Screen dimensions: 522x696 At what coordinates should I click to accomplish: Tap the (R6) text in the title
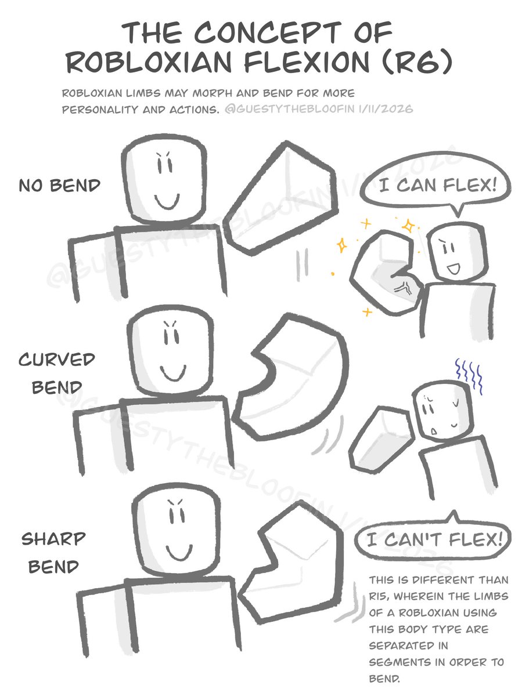[x=417, y=62]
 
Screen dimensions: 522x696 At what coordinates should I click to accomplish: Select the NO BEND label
[x=60, y=185]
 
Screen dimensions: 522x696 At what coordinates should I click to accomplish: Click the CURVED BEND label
[x=56, y=374]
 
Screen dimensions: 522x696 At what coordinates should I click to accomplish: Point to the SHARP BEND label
[x=53, y=553]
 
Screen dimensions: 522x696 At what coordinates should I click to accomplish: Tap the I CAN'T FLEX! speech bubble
[x=433, y=539]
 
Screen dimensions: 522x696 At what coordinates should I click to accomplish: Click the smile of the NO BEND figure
[x=167, y=202]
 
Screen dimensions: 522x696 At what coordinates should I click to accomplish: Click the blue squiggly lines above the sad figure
[x=469, y=375]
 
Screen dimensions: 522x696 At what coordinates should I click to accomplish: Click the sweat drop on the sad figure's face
[x=433, y=431]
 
